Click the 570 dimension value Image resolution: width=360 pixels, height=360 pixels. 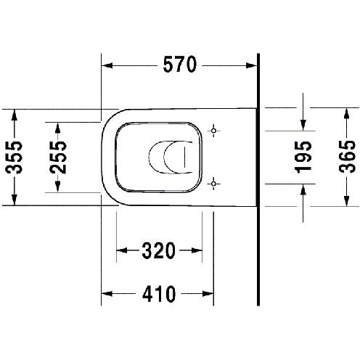click(180, 65)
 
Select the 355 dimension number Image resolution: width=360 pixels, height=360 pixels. click(14, 157)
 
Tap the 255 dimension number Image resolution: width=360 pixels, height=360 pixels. click(58, 157)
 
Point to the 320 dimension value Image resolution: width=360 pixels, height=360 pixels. click(158, 250)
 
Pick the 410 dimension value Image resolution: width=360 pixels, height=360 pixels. click(159, 294)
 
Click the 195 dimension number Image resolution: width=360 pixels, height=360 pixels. click(303, 157)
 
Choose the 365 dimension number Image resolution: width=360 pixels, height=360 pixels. click(347, 157)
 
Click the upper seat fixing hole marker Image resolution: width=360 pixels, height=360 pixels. click(213, 131)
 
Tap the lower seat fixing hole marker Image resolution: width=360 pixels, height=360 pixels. click(213, 184)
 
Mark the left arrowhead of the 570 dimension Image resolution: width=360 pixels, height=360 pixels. click(107, 65)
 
